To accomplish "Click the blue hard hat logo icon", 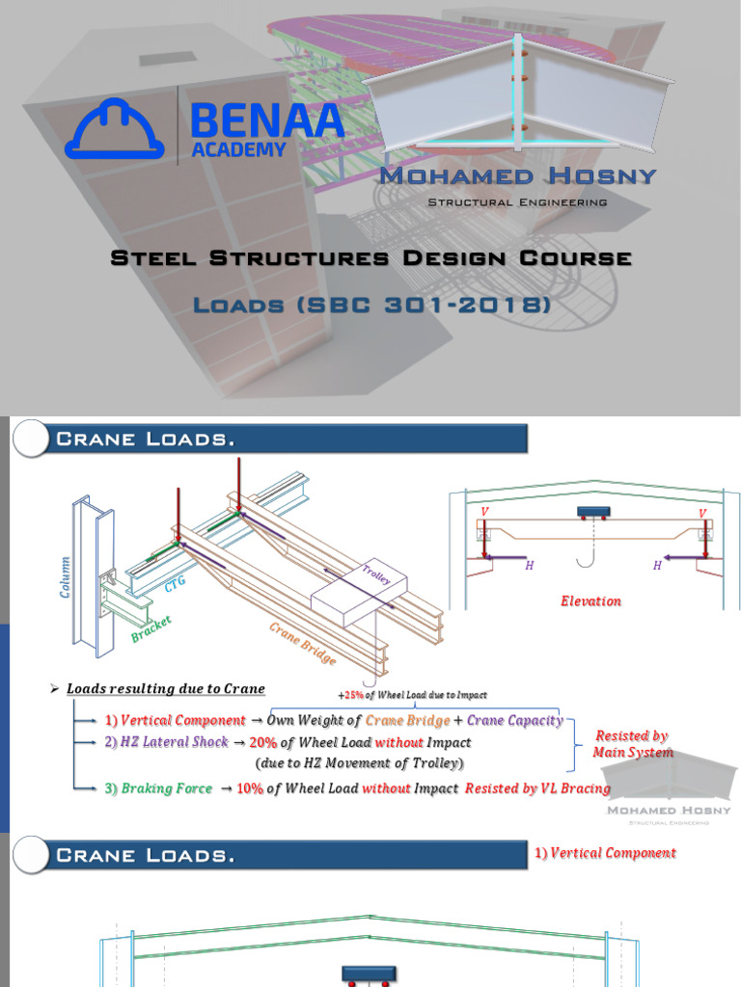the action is (114, 129).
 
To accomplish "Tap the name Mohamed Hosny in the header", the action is (517, 175).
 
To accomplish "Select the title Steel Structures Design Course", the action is (371, 258).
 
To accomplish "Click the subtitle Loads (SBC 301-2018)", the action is (371, 306).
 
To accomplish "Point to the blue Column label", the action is (66, 575).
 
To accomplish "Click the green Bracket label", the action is (151, 628).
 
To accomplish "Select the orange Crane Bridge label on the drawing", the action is (303, 644).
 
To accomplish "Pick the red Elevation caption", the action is (590, 601).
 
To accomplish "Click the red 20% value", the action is (262, 742).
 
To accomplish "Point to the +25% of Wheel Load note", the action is (412, 695).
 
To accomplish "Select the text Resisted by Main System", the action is (633, 744).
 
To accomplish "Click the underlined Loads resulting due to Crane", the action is (166, 689).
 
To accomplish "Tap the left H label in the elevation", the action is (529, 566).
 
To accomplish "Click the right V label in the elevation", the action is (701, 513).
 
